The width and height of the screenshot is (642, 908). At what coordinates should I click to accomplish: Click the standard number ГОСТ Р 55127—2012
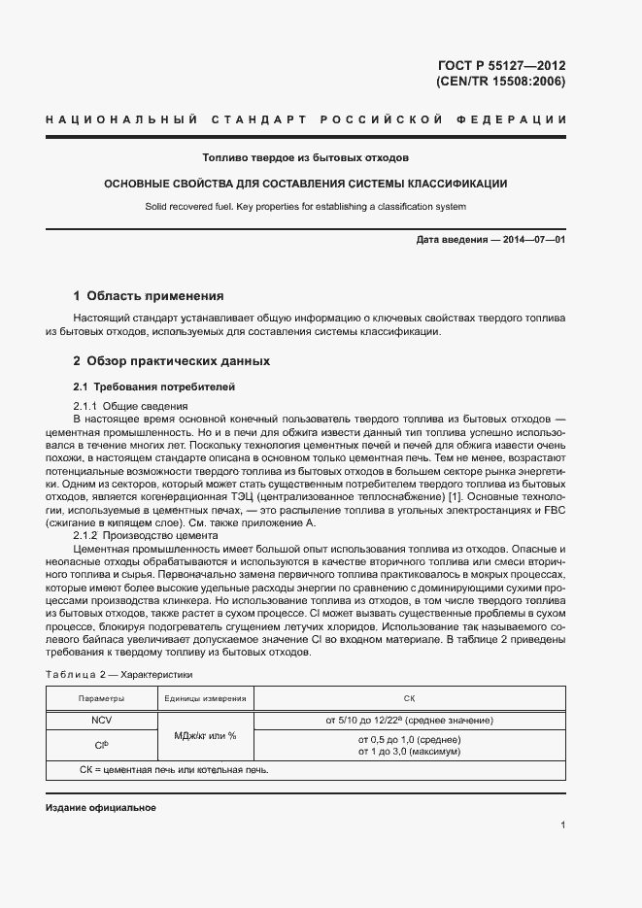tap(502, 66)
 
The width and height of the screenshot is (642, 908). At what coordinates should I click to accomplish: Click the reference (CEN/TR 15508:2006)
tap(494, 82)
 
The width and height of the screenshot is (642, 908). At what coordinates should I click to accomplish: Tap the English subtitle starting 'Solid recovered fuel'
tap(306, 206)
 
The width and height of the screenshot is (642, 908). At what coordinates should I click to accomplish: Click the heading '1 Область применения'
tap(149, 295)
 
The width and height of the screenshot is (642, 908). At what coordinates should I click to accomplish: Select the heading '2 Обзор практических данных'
tap(171, 361)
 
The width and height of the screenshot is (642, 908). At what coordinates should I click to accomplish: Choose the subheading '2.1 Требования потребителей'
tap(154, 387)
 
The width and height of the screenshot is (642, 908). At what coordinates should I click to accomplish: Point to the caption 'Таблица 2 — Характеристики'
tap(119, 673)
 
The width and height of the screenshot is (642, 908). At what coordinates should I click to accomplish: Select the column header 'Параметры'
tap(102, 698)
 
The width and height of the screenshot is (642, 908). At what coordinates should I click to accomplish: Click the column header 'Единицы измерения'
tap(205, 698)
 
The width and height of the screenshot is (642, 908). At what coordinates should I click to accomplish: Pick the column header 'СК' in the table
tap(409, 698)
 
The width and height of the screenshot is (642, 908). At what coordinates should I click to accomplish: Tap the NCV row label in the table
tap(102, 720)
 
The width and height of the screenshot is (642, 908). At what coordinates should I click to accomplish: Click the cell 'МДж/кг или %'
tap(205, 735)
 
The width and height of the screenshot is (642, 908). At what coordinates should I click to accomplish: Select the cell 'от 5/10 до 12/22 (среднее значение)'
tap(409, 720)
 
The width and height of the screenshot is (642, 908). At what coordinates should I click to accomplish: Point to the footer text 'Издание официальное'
tap(101, 808)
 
